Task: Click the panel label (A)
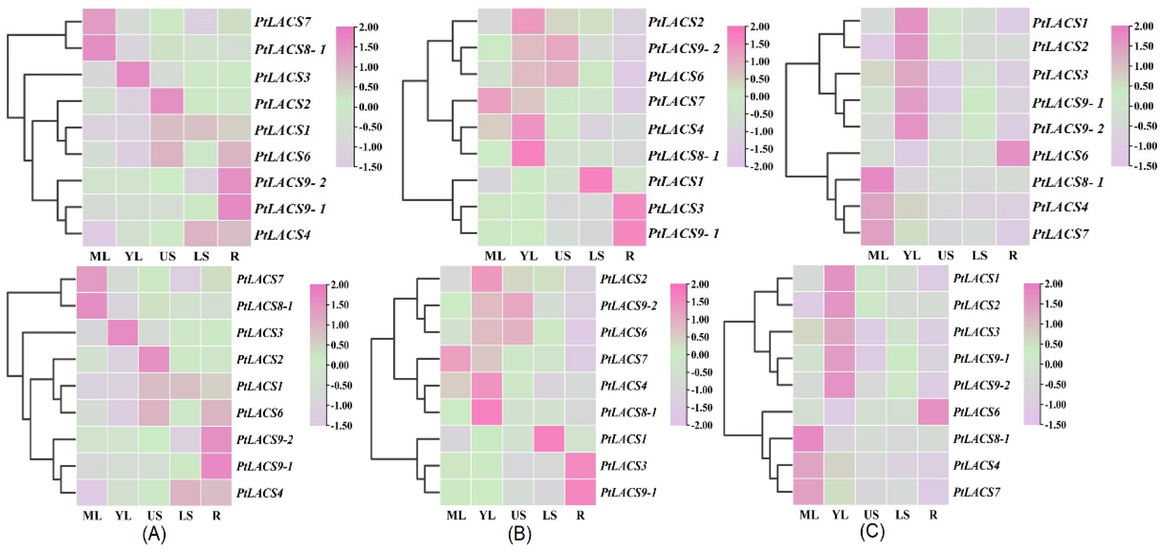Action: coord(154,534)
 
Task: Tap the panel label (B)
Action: coord(520,534)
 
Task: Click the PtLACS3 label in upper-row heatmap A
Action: coord(282,77)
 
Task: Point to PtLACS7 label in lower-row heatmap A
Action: coord(260,279)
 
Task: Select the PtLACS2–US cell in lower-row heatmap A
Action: coord(153,359)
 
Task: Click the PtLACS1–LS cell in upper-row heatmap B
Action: coord(596,180)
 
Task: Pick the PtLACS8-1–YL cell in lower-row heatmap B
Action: coord(487,412)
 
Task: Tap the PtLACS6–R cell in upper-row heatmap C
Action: coord(1013,154)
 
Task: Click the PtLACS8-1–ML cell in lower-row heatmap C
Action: coord(809,439)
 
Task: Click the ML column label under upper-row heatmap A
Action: coord(100,256)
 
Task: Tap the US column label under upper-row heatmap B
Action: coord(562,256)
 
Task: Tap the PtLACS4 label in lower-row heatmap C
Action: coord(976,465)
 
